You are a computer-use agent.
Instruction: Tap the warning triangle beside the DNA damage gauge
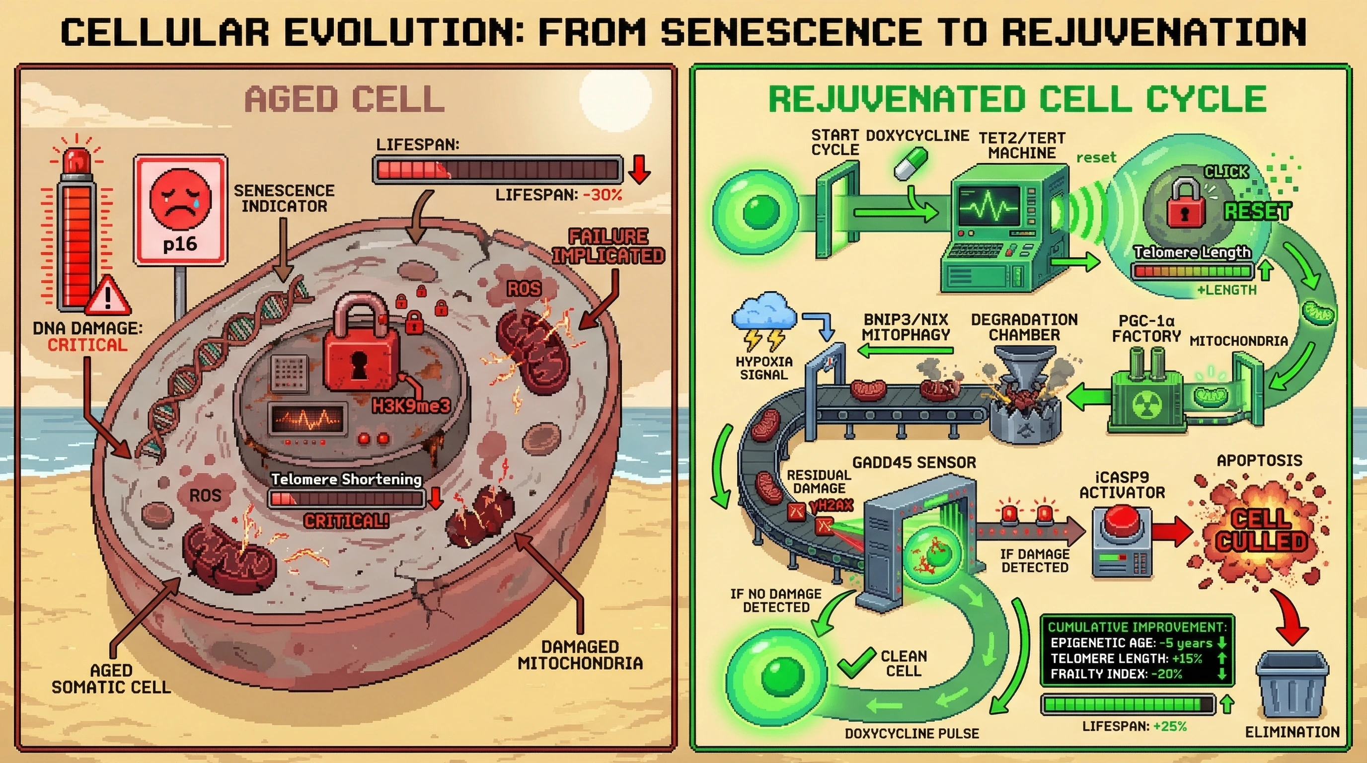tap(108, 295)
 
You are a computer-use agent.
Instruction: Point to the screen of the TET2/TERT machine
tap(988, 207)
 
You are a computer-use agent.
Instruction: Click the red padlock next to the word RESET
tap(1185, 203)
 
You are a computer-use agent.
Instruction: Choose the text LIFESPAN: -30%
tap(558, 195)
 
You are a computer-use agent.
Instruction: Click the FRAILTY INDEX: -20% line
tap(1117, 675)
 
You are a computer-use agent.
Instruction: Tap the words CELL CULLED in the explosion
tap(1261, 530)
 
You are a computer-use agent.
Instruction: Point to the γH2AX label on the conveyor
tap(831, 506)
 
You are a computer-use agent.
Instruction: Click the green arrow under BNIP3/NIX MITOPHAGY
tap(906, 351)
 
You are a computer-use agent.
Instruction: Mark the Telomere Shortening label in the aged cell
tap(346, 479)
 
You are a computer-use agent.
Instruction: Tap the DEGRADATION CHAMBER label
tap(1024, 327)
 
